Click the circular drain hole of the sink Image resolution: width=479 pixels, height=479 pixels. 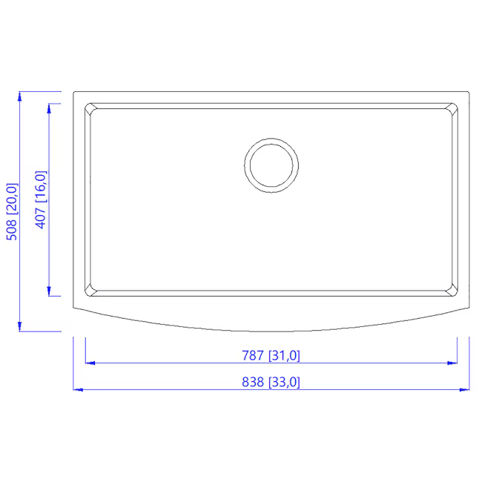click(x=271, y=165)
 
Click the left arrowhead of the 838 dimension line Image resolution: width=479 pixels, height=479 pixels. click(x=78, y=389)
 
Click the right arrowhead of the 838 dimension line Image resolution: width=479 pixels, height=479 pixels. click(x=465, y=389)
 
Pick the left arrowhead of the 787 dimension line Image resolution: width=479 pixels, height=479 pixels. click(x=90, y=363)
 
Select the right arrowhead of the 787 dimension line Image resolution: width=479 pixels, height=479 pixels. click(x=452, y=363)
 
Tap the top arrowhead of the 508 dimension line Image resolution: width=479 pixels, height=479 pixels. click(x=20, y=97)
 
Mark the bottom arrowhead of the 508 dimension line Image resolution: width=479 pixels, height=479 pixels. click(x=20, y=326)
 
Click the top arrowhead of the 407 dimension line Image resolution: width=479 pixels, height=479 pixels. click(x=49, y=108)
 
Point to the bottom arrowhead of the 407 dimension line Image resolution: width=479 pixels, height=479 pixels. click(x=49, y=291)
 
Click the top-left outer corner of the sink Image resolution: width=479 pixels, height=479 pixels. click(x=74, y=93)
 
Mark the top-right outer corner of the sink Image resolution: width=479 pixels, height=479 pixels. click(x=469, y=93)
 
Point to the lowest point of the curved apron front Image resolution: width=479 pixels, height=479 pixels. click(x=271, y=330)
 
